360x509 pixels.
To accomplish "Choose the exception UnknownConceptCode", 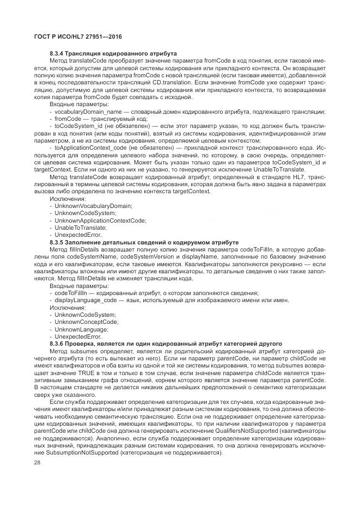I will point(86,322).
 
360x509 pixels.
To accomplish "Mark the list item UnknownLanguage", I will point(81,329).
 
